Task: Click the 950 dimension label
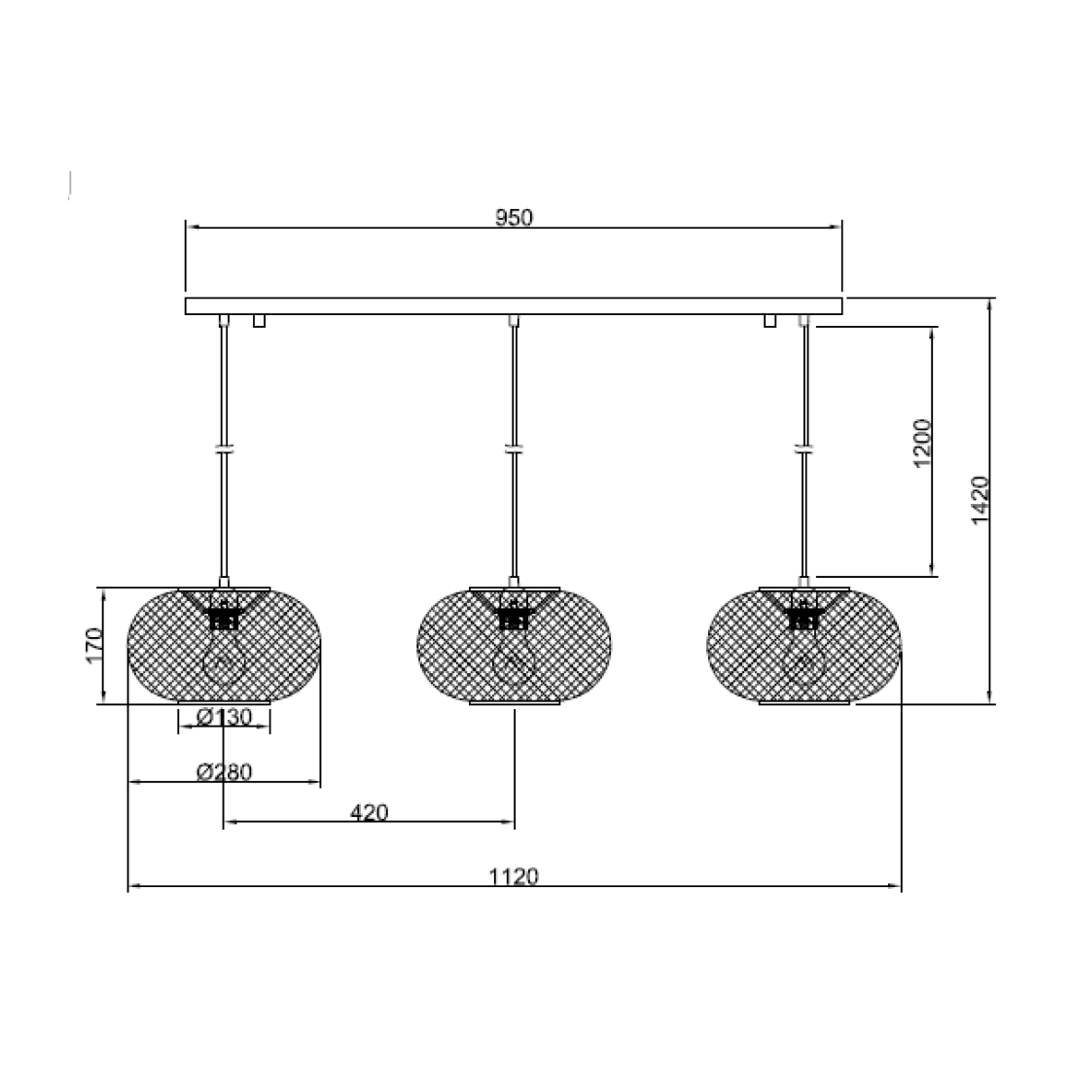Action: pyautogui.click(x=514, y=218)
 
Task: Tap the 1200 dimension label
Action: pyautogui.click(x=922, y=443)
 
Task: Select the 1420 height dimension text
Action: pyautogui.click(x=980, y=500)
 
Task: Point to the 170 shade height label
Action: pyautogui.click(x=95, y=644)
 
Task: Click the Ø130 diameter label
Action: pyautogui.click(x=225, y=717)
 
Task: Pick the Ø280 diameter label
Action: pyautogui.click(x=225, y=771)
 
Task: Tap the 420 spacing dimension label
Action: pyautogui.click(x=370, y=813)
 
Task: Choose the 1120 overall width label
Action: pyautogui.click(x=514, y=876)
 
